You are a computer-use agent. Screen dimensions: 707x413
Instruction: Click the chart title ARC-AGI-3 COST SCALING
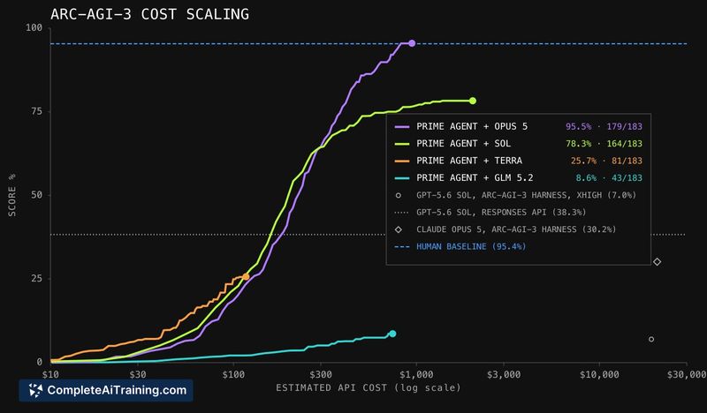[149, 14]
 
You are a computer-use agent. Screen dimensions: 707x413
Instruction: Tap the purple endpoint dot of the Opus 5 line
[412, 43]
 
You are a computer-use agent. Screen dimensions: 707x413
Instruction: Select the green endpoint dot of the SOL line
[473, 101]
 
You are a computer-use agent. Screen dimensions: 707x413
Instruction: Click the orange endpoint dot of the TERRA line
[246, 277]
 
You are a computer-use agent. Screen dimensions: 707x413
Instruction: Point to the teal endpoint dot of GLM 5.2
[392, 334]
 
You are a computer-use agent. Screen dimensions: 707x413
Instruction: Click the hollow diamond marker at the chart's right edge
[657, 262]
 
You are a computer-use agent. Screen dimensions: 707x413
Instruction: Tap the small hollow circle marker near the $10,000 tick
[651, 339]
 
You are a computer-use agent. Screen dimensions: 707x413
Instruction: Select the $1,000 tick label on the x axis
[416, 375]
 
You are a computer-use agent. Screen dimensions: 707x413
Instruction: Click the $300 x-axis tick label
[321, 375]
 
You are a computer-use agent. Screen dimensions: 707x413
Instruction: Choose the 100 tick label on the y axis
[34, 27]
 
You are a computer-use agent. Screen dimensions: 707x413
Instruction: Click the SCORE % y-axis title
[12, 194]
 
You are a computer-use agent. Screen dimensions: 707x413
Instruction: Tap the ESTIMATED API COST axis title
[369, 387]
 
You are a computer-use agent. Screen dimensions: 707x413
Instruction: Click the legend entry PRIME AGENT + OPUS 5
[472, 126]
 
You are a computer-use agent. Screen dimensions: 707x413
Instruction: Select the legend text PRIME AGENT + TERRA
[469, 161]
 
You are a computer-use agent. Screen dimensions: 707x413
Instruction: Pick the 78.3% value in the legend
[579, 144]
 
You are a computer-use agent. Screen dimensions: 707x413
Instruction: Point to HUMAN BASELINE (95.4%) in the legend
[471, 246]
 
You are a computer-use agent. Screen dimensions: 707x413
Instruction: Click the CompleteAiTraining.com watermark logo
[106, 390]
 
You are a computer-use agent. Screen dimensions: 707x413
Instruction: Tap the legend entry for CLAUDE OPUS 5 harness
[516, 229]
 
